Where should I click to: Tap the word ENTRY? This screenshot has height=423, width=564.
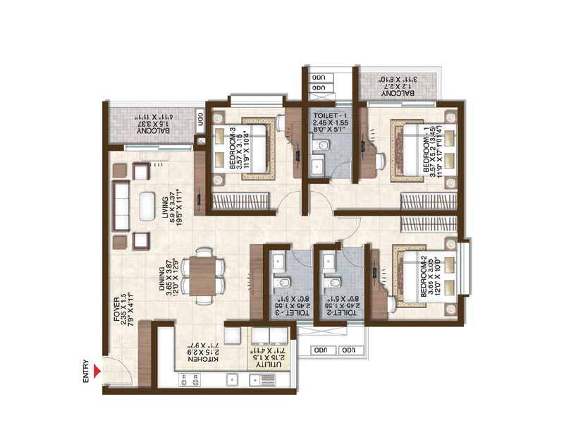pyautogui.click(x=87, y=371)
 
